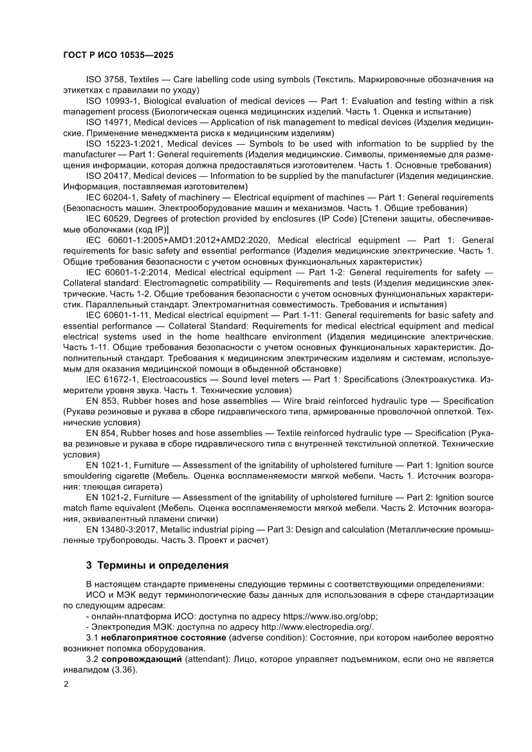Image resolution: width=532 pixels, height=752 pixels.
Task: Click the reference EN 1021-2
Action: coord(105,497)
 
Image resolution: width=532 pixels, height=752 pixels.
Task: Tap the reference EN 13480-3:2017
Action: coord(121,529)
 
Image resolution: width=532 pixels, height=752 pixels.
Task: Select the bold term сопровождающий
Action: coord(142,659)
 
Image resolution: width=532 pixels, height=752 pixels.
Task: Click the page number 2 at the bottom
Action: coord(66,684)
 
